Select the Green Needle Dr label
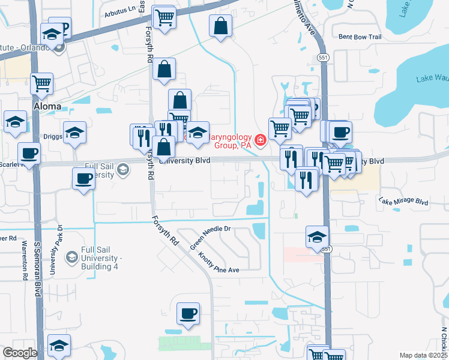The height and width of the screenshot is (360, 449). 210,237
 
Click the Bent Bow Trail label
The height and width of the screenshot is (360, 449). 360,37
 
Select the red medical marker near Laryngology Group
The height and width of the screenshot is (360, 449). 260,140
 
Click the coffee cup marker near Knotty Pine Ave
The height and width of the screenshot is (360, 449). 188,313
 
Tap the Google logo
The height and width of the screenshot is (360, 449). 20,353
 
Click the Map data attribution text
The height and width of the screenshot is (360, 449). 423,356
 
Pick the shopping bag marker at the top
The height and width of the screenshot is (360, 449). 220,26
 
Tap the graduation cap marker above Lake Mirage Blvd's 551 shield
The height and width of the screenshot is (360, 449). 316,236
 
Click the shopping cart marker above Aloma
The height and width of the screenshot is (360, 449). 41,83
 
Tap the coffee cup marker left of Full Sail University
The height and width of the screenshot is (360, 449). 83,178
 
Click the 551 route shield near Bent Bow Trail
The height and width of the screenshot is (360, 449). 322,55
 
